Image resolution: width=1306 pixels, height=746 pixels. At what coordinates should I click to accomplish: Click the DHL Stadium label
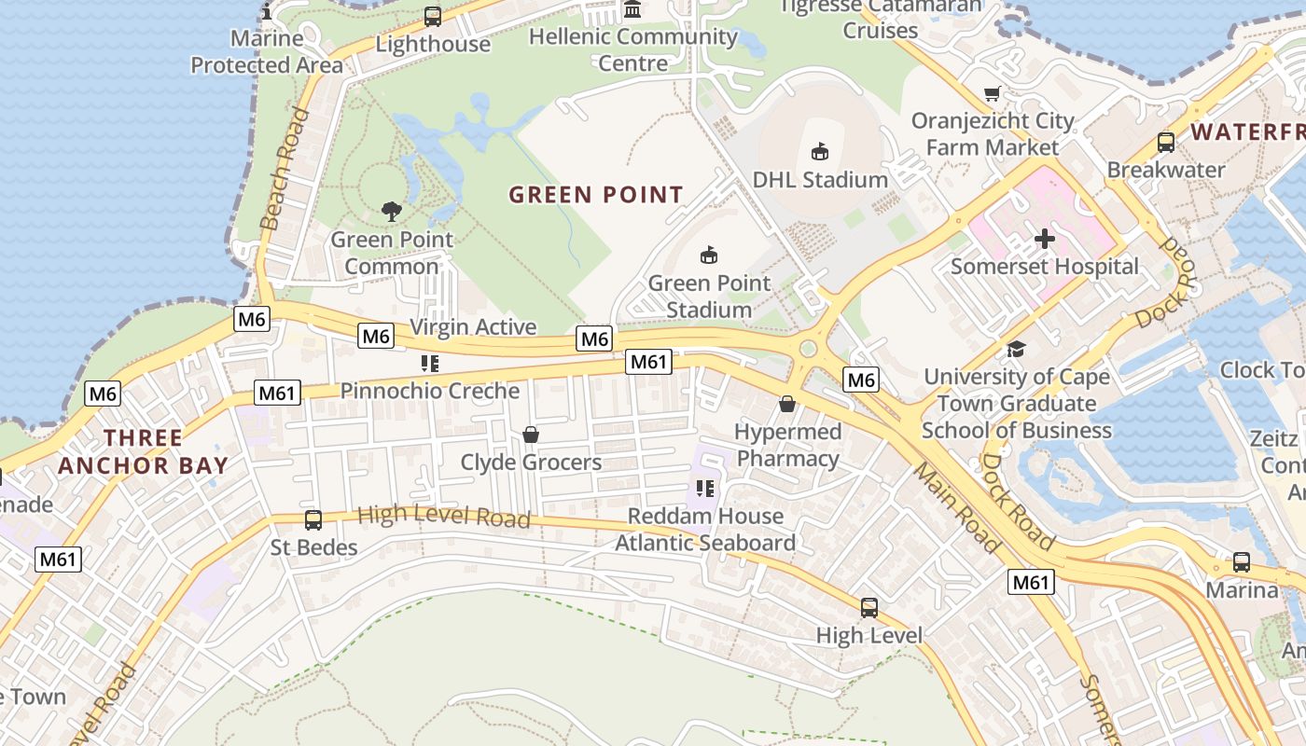pyautogui.click(x=820, y=179)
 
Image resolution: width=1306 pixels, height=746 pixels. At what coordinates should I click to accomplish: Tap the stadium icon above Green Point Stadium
pyautogui.click(x=709, y=255)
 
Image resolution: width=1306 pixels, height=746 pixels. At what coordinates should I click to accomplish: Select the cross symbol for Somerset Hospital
pyautogui.click(x=1044, y=239)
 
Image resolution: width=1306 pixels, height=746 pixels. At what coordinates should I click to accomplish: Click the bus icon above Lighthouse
pyautogui.click(x=433, y=16)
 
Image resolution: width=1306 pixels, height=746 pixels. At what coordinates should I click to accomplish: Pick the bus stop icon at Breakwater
pyautogui.click(x=1165, y=143)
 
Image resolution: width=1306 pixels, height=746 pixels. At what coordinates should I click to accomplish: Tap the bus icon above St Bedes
pyautogui.click(x=313, y=519)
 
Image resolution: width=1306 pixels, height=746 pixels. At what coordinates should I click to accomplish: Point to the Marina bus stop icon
pyautogui.click(x=1241, y=562)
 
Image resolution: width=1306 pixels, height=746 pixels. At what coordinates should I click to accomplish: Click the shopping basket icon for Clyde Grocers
pyautogui.click(x=531, y=435)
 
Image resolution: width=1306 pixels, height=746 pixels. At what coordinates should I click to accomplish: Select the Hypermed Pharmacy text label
pyautogui.click(x=787, y=445)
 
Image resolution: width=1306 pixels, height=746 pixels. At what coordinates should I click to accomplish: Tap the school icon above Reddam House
pyautogui.click(x=705, y=488)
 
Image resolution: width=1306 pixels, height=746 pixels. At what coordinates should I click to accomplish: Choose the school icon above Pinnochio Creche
pyautogui.click(x=429, y=363)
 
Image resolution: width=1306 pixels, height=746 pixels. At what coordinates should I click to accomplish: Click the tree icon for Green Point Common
pyautogui.click(x=392, y=212)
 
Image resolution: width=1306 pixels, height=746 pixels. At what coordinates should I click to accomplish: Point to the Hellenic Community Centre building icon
pyautogui.click(x=633, y=9)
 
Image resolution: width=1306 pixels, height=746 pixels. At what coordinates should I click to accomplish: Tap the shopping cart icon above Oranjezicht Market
pyautogui.click(x=993, y=94)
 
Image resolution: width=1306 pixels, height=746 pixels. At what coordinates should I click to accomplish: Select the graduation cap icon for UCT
pyautogui.click(x=1016, y=349)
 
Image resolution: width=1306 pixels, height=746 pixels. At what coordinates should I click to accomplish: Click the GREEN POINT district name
pyautogui.click(x=596, y=195)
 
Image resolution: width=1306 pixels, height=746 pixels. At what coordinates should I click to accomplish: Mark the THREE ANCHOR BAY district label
pyautogui.click(x=144, y=451)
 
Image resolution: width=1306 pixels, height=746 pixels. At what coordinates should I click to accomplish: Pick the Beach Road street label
pyautogui.click(x=285, y=169)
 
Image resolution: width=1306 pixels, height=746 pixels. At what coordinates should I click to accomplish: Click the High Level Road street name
pyautogui.click(x=444, y=516)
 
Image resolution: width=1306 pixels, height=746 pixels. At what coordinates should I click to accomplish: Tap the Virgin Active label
pyautogui.click(x=473, y=326)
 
